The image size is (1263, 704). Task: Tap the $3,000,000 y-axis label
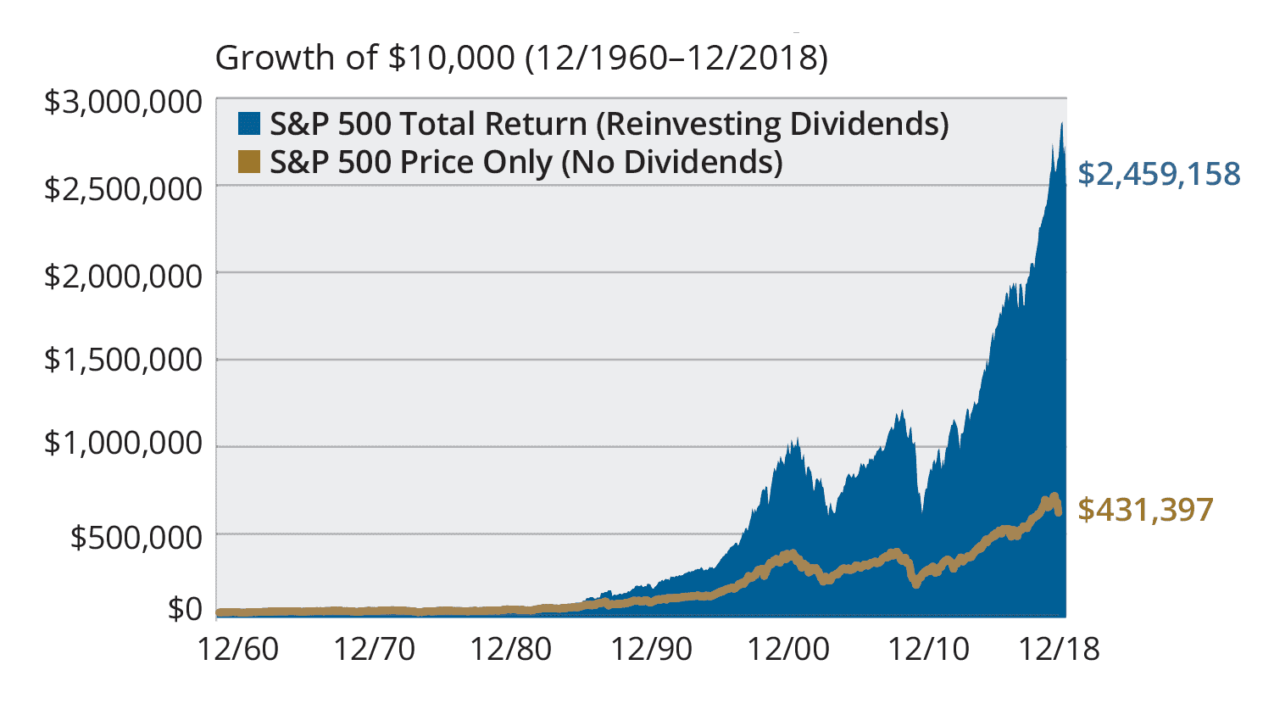pyautogui.click(x=123, y=103)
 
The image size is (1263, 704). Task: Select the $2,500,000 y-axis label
pyautogui.click(x=123, y=188)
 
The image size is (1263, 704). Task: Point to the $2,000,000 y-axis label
pyautogui.click(x=123, y=276)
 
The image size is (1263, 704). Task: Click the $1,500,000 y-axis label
pyautogui.click(x=123, y=360)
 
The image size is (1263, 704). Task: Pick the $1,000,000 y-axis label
pyautogui.click(x=123, y=443)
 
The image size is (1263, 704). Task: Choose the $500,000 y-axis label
pyautogui.click(x=136, y=537)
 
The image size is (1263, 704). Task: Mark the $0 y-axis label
pyautogui.click(x=185, y=608)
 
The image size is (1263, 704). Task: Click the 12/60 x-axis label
pyautogui.click(x=237, y=650)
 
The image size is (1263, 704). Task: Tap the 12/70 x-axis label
pyautogui.click(x=374, y=650)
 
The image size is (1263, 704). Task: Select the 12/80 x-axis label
pyautogui.click(x=510, y=650)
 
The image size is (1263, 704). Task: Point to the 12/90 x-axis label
pyautogui.click(x=651, y=650)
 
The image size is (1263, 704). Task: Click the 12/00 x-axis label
pyautogui.click(x=787, y=650)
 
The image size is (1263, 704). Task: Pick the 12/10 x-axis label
pyautogui.click(x=928, y=650)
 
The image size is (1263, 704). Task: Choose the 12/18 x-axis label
pyautogui.click(x=1059, y=650)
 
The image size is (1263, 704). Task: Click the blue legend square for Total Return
pyautogui.click(x=249, y=124)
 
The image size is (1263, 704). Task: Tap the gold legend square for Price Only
pyautogui.click(x=249, y=161)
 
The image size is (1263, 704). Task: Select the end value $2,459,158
pyautogui.click(x=1159, y=174)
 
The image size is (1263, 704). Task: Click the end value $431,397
pyautogui.click(x=1145, y=510)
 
